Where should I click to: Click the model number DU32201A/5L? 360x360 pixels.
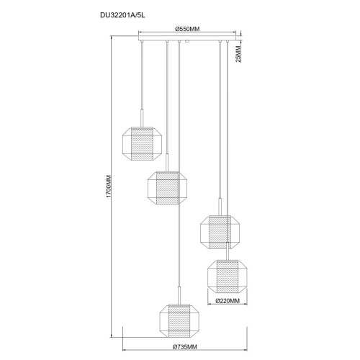coord(122,15)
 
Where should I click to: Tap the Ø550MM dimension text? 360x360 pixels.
coord(187,29)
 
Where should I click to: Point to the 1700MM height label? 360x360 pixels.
coord(109,186)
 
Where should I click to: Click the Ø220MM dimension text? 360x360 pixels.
coord(228,300)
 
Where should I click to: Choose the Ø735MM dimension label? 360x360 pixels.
coord(185,346)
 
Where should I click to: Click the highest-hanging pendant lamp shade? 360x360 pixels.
coord(142,143)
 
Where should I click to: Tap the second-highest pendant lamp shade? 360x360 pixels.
coord(167,188)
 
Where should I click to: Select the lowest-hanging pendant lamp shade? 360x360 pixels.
coord(179,320)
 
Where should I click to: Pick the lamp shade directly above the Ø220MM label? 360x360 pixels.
coord(228,276)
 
